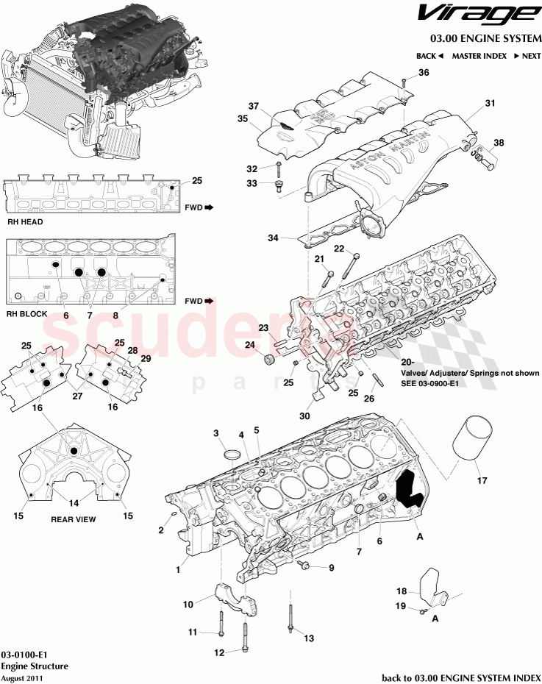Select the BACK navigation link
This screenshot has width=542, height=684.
[x=429, y=56]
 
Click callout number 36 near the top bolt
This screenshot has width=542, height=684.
[x=424, y=72]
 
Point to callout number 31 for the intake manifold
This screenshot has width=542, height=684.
[x=491, y=104]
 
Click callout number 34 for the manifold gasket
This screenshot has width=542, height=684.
[x=274, y=238]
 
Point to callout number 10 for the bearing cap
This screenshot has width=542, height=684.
[x=188, y=605]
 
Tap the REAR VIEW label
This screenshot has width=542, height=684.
[x=73, y=519]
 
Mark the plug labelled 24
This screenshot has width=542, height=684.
[x=269, y=360]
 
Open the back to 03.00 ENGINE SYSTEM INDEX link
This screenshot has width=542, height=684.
[x=460, y=677]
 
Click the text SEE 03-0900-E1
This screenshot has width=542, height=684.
[x=431, y=383]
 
